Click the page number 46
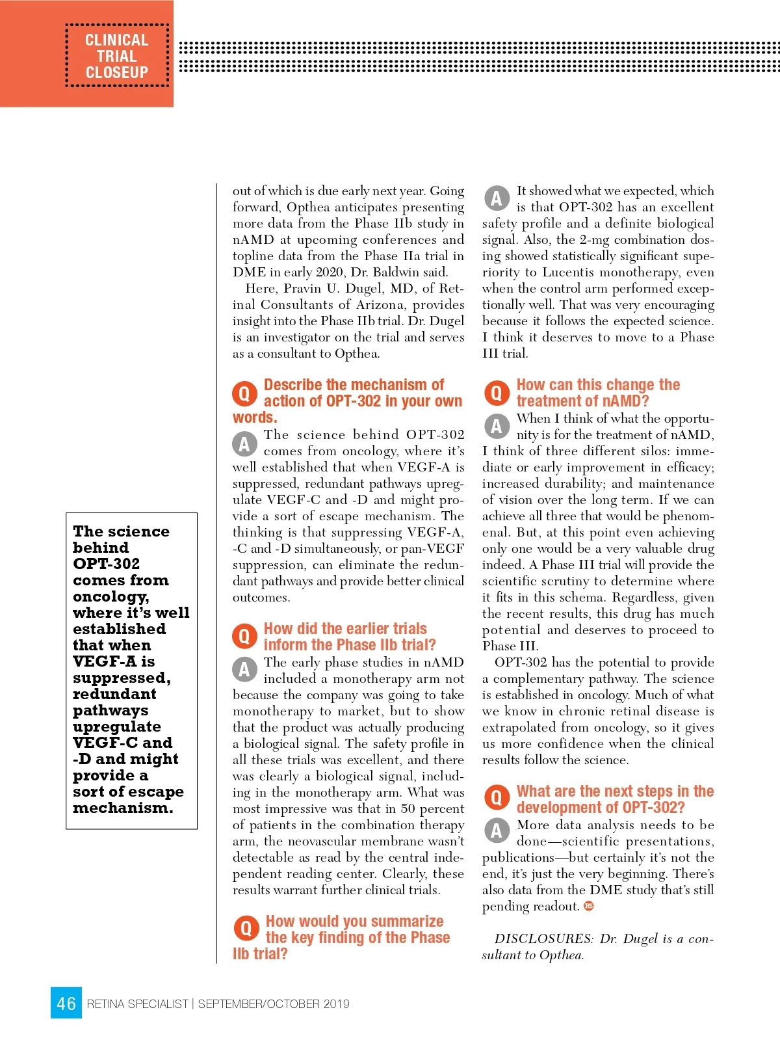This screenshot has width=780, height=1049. click(66, 1003)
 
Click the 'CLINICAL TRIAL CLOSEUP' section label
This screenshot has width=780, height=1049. click(117, 57)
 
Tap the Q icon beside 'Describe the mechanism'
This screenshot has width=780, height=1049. click(244, 393)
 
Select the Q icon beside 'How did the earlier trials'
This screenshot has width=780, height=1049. click(244, 636)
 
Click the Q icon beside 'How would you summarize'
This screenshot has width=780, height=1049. click(246, 929)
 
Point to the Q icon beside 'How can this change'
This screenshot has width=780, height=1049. click(496, 393)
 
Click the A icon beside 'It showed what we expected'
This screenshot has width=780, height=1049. click(496, 198)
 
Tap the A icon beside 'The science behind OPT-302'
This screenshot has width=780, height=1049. click(244, 444)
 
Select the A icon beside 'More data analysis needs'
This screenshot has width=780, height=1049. click(496, 830)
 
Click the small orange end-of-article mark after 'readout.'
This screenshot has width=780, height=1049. click(589, 906)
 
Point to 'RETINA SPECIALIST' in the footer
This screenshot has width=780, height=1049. click(137, 1004)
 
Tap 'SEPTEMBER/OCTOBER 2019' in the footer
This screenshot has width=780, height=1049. click(274, 1004)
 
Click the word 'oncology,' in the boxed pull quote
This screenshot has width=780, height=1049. click(111, 597)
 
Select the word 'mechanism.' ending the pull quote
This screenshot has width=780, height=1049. click(123, 808)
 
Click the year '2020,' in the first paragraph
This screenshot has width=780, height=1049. click(335, 272)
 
